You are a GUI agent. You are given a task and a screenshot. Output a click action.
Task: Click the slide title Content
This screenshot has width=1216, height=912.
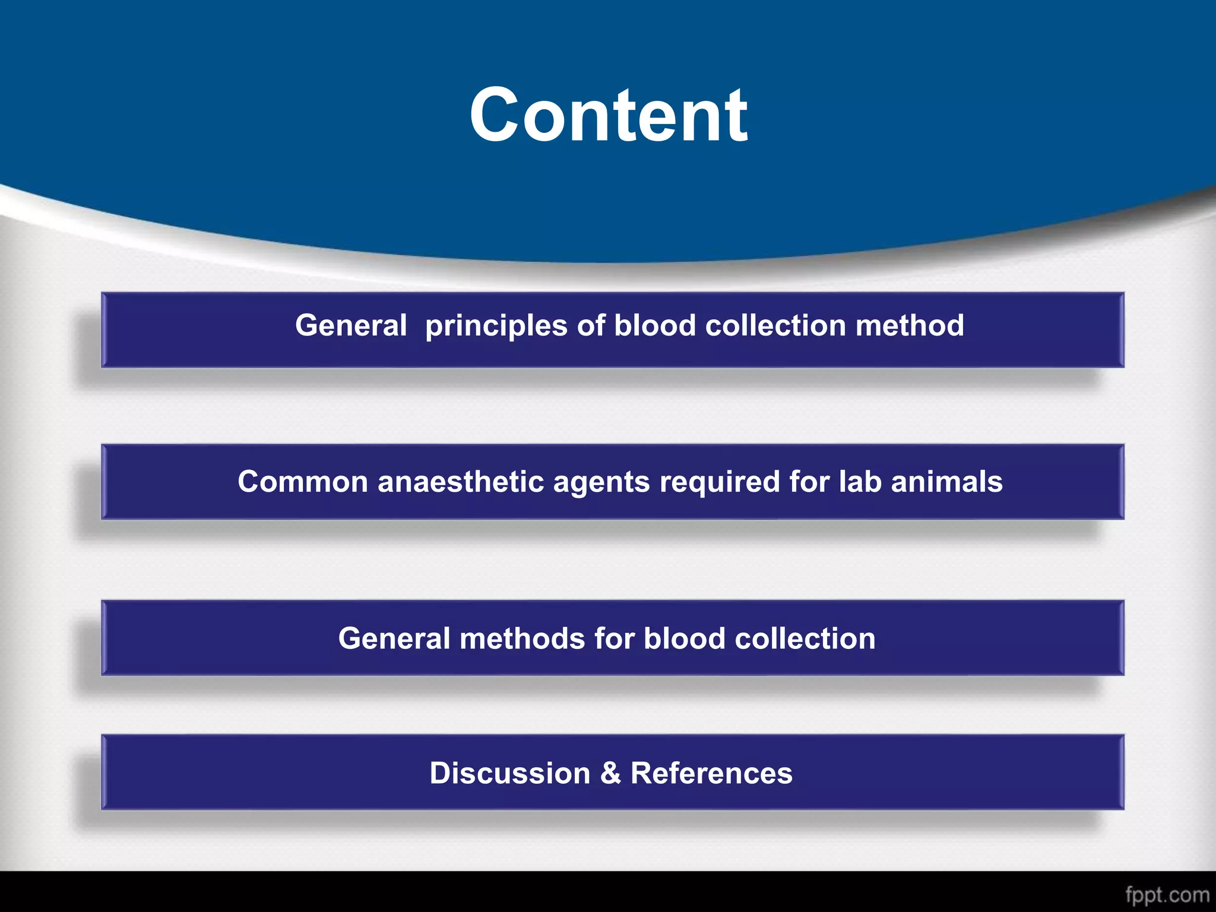[x=608, y=115]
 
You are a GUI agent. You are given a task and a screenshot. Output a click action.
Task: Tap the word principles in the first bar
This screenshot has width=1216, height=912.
[x=496, y=327]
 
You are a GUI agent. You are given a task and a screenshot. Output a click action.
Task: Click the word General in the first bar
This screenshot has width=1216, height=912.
[x=351, y=325]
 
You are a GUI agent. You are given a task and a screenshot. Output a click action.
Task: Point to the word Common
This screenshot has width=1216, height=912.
[x=303, y=482]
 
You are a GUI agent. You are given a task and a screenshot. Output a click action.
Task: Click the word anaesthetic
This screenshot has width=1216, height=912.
[x=461, y=482]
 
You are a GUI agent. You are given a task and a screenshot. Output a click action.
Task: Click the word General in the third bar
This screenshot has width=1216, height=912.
[x=394, y=639]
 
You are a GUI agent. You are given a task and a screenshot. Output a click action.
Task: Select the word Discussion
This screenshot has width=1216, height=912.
[x=510, y=773]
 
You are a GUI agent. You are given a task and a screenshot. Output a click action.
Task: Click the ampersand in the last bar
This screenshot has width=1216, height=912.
[x=610, y=773]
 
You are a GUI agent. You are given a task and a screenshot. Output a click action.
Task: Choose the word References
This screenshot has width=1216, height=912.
[x=711, y=773]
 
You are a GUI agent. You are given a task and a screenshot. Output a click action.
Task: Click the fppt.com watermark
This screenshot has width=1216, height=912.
[x=1167, y=895]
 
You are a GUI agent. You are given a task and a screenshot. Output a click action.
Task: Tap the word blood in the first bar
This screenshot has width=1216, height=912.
[x=654, y=325]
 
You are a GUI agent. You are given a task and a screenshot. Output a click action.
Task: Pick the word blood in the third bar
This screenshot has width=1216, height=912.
[x=684, y=639]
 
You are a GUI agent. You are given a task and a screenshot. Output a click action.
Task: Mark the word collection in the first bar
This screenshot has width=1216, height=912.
[x=775, y=325]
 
